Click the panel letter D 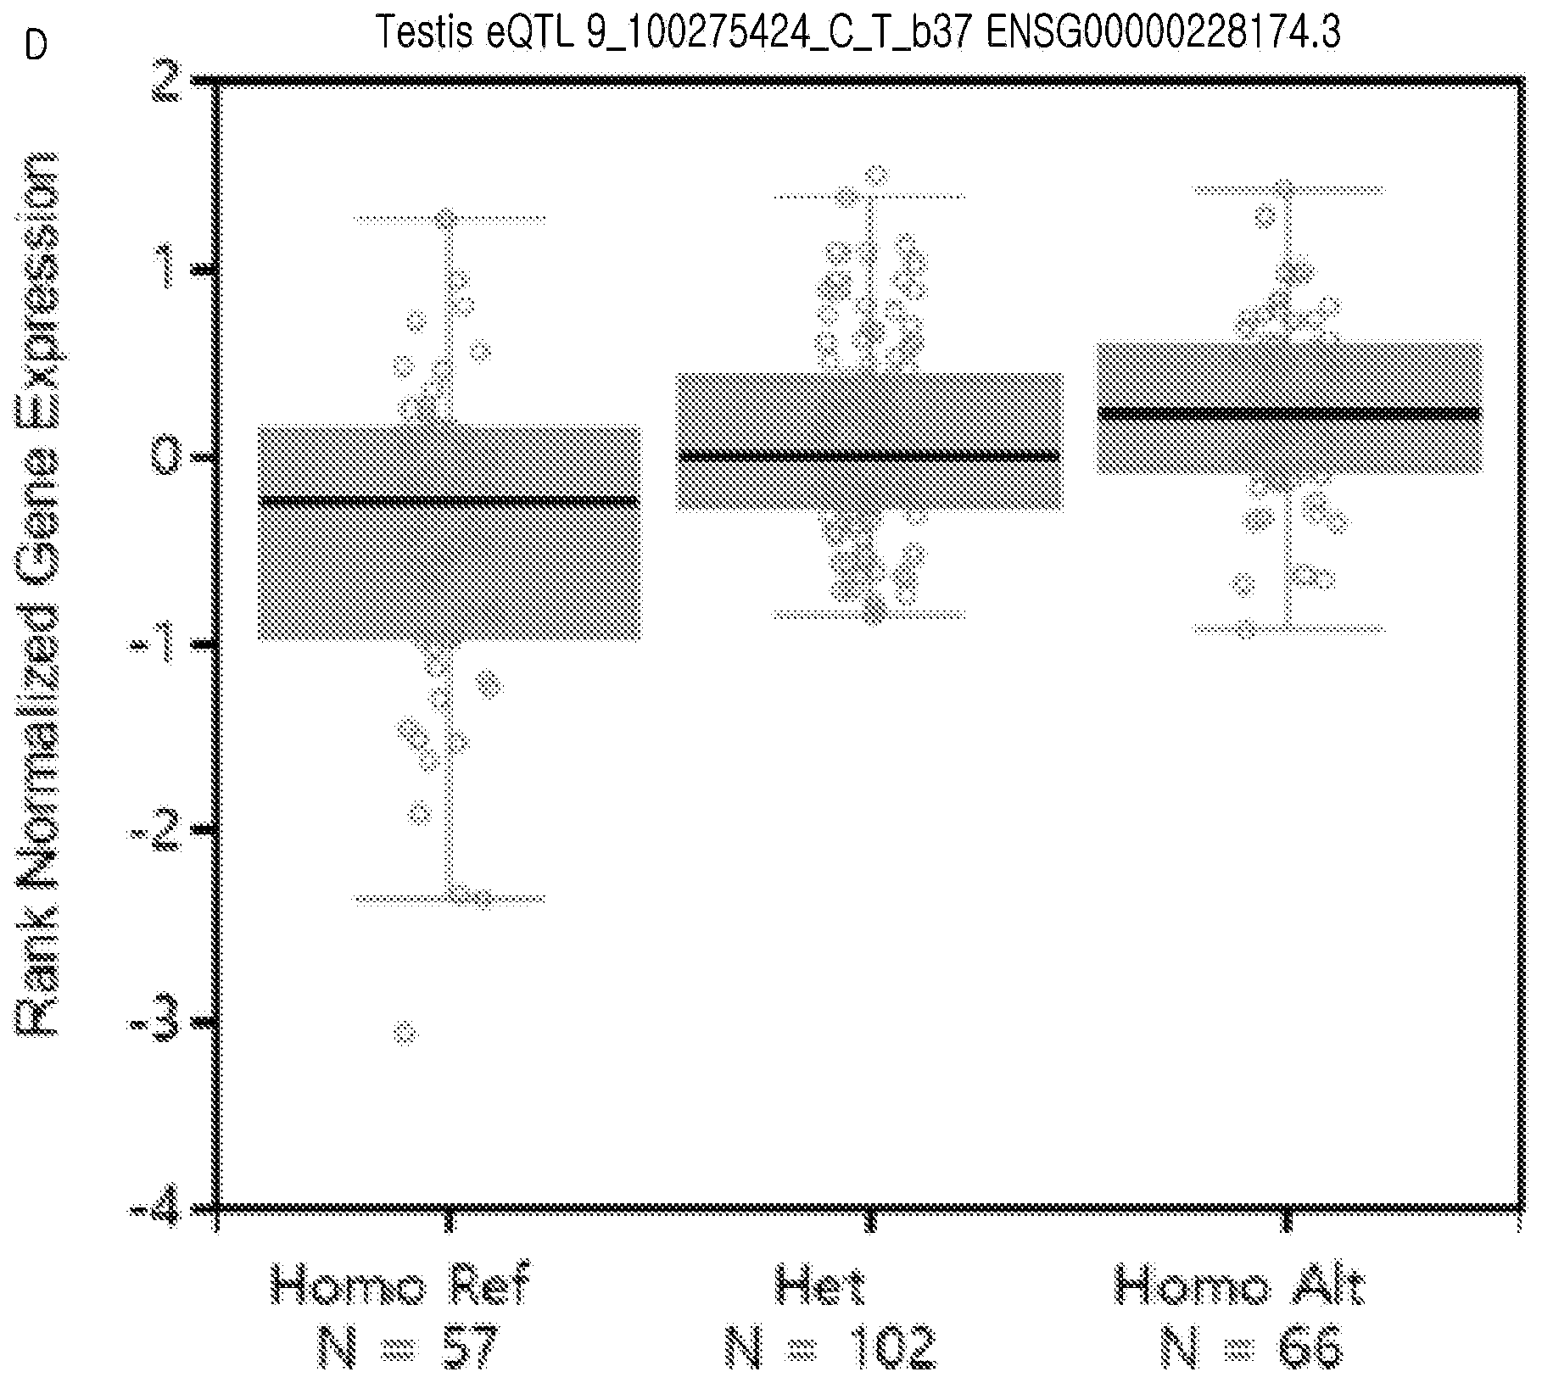point(36,46)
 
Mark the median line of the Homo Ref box point(449,500)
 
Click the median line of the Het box point(869,456)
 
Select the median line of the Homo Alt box point(1288,413)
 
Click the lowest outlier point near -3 point(405,1033)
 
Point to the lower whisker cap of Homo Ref point(449,898)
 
